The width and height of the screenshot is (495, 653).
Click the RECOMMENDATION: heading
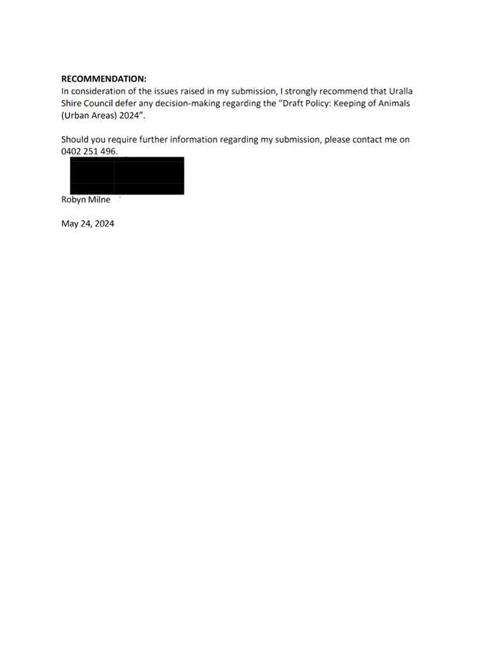pos(104,78)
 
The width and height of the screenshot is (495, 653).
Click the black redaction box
pos(127,175)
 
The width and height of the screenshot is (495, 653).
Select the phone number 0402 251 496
pos(89,151)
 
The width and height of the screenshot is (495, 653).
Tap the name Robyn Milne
pos(86,200)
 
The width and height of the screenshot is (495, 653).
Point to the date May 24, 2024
pos(87,224)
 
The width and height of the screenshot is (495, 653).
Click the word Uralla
pos(401,91)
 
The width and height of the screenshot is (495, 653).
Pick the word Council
pos(98,103)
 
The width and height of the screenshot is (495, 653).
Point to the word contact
pos(368,140)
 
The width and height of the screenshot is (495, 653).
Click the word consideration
pos(98,91)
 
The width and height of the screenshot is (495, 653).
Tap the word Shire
pos(71,103)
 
